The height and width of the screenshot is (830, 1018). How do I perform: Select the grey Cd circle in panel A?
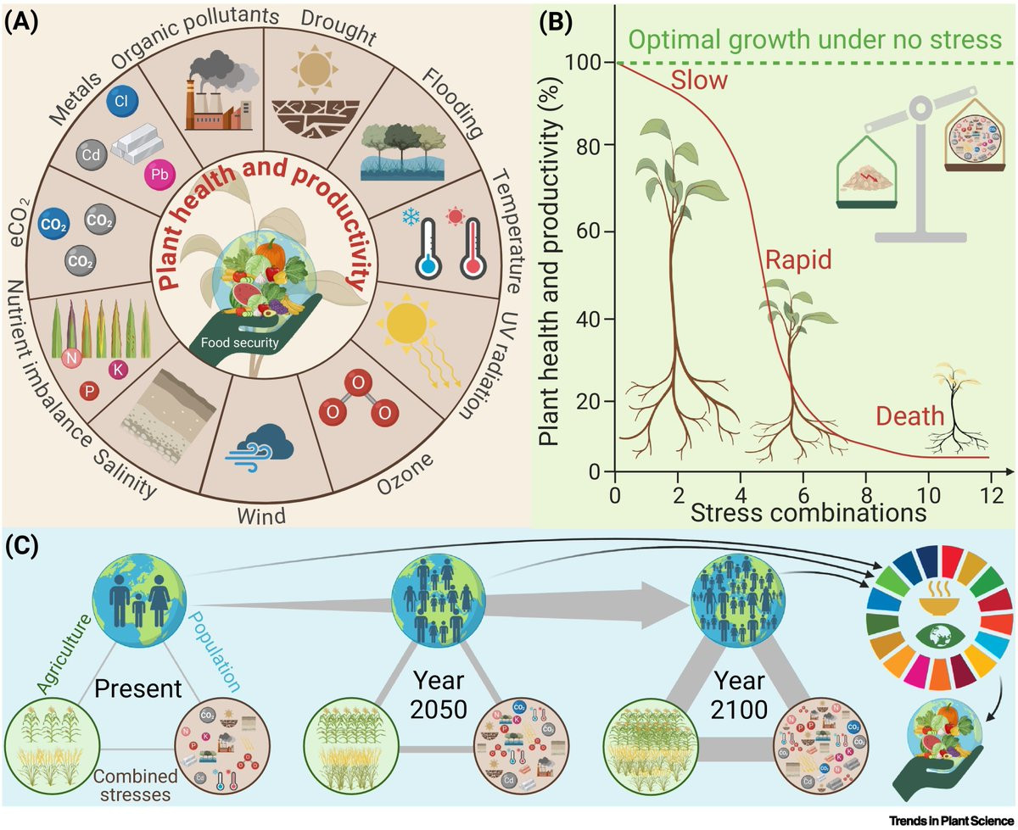92,156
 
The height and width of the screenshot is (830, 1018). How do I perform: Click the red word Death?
910,416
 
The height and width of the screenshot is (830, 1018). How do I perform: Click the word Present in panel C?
137,688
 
